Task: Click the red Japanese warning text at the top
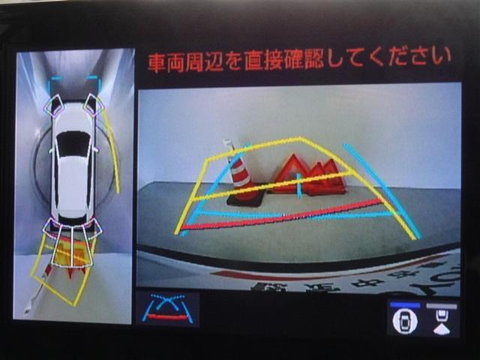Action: (x=299, y=58)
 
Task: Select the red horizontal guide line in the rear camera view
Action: (x=285, y=215)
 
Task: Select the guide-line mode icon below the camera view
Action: (x=167, y=308)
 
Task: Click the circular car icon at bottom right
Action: (x=405, y=322)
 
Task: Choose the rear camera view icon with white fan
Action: (x=442, y=322)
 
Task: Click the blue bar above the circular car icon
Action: (x=405, y=305)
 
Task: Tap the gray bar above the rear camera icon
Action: (x=441, y=305)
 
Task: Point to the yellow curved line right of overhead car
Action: (x=112, y=150)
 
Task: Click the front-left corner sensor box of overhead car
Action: (x=53, y=105)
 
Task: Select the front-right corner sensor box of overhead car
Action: (x=94, y=104)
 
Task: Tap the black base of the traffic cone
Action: (x=246, y=199)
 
